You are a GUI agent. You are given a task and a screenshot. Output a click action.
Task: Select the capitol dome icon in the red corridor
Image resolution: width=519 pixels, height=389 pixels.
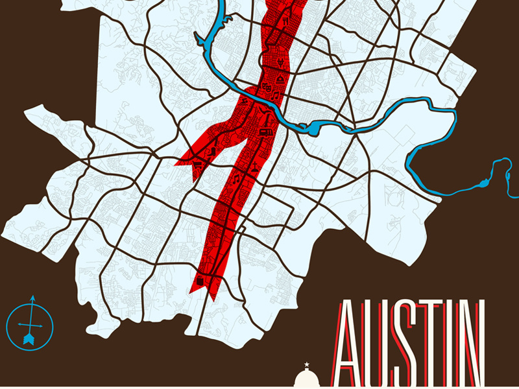coord(280,79)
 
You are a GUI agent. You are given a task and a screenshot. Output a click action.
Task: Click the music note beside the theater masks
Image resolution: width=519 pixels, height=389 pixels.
coord(275,96)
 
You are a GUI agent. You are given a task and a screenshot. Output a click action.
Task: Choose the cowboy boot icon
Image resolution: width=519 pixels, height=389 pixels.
coord(213,151)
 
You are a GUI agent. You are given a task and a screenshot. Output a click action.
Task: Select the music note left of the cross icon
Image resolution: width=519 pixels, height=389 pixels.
coord(237,177)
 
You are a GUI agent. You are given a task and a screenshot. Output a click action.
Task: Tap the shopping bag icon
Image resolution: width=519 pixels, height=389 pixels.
coord(201,279)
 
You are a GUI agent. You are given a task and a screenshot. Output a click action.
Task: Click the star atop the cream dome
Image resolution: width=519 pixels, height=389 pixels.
coord(306,365)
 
